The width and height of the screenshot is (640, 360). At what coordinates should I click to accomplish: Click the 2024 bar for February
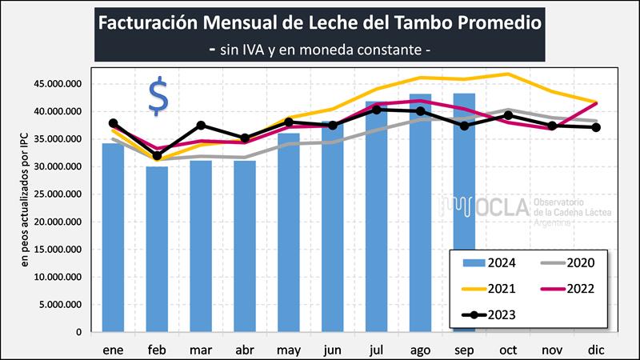[x=157, y=249]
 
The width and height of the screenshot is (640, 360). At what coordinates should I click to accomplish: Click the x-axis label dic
[x=594, y=350]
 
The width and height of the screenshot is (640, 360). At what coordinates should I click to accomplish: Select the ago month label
[x=420, y=350]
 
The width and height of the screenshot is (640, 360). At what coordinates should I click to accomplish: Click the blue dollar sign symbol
[x=158, y=98]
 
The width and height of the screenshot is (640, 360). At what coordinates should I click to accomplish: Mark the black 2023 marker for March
[x=202, y=126]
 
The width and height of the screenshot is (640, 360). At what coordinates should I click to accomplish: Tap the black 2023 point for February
[x=158, y=156]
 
